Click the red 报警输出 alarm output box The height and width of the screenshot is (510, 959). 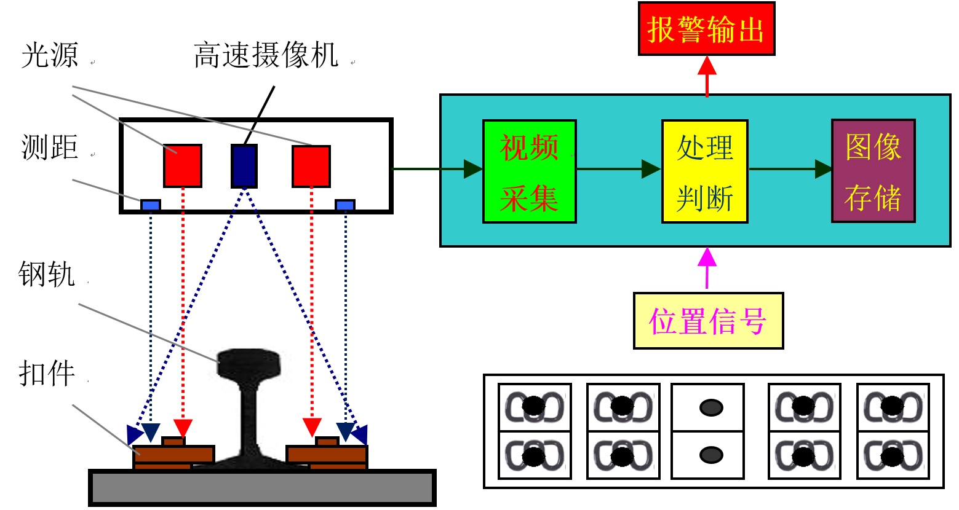(x=706, y=29)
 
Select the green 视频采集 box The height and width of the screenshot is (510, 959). (x=529, y=171)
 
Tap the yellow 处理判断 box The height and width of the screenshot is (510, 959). (x=704, y=171)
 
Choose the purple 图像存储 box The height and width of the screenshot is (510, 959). (x=873, y=171)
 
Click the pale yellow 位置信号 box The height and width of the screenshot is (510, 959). (x=708, y=321)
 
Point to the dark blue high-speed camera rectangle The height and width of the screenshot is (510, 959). (x=244, y=166)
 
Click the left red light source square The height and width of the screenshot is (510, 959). (x=182, y=166)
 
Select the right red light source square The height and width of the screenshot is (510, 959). (x=311, y=166)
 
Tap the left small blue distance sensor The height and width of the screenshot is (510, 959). (x=151, y=205)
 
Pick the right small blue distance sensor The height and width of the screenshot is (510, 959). (x=344, y=205)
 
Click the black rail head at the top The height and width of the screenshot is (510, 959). (x=249, y=363)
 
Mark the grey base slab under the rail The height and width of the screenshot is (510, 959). (x=263, y=488)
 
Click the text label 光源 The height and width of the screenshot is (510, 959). (x=49, y=55)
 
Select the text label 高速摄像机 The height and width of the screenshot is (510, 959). (x=266, y=55)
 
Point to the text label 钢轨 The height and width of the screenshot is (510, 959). (x=47, y=274)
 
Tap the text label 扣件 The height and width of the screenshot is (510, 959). (x=47, y=373)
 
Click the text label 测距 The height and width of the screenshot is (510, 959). (x=49, y=148)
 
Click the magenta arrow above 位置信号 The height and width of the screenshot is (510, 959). (x=707, y=268)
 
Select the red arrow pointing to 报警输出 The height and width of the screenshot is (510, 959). (x=707, y=76)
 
